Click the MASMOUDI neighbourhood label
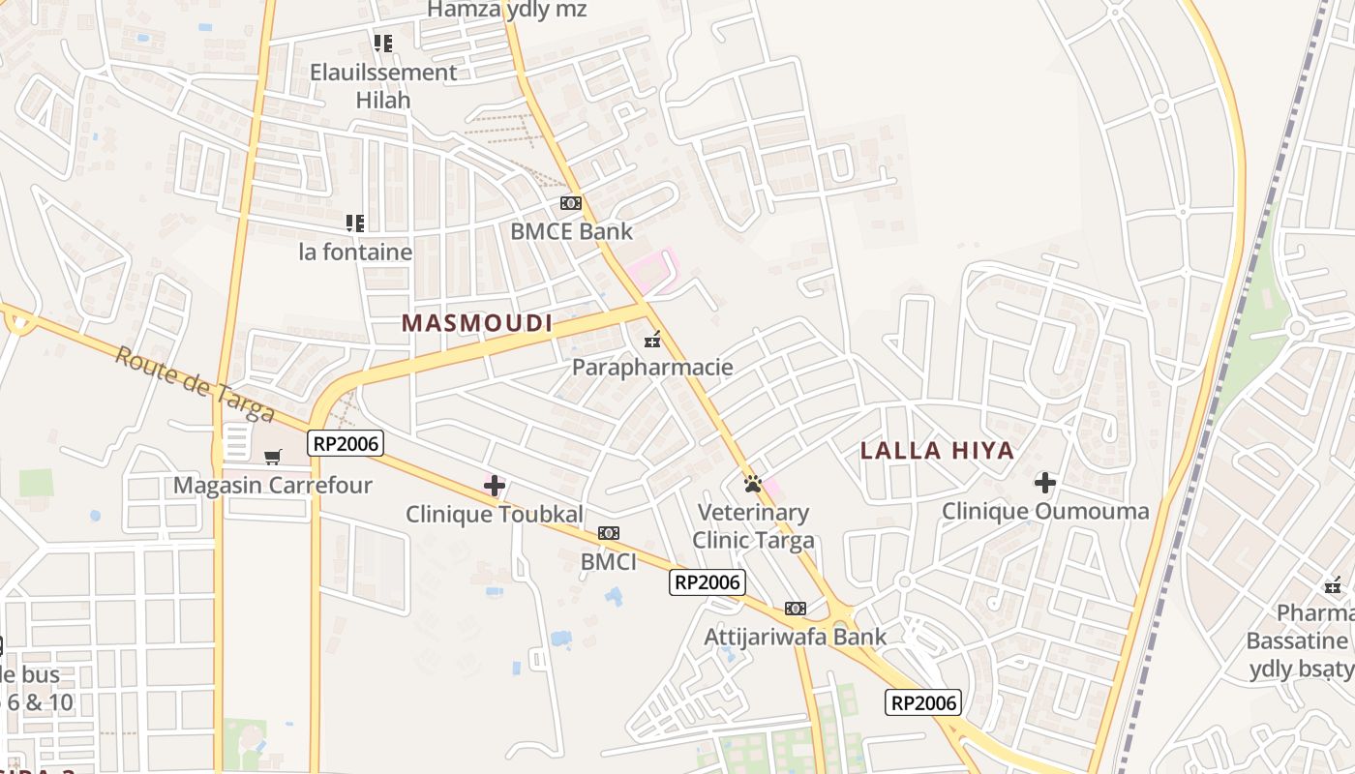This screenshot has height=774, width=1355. (476, 323)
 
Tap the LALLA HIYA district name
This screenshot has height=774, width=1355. (937, 450)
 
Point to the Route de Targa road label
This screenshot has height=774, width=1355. (194, 383)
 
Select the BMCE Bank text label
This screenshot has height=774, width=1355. (571, 231)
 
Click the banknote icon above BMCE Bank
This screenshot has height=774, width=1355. (571, 203)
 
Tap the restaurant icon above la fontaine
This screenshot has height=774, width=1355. (355, 223)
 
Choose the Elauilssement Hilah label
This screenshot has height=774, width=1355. (383, 85)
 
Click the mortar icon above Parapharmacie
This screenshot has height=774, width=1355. (652, 339)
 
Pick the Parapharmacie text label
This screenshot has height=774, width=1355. (652, 368)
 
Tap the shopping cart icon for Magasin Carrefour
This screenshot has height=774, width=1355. (273, 456)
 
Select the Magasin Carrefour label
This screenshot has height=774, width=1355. (273, 485)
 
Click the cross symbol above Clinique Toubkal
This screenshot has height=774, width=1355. (495, 485)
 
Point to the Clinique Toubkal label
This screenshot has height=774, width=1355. (495, 514)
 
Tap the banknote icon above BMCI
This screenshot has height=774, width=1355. (608, 533)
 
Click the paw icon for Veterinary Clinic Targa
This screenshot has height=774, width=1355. (753, 483)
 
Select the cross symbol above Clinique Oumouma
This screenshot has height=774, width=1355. (1045, 482)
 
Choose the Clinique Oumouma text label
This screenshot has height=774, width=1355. (1045, 511)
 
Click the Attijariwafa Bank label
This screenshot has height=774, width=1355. (795, 637)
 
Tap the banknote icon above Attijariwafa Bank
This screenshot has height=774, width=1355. (795, 608)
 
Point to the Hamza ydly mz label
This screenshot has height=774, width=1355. (507, 10)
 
